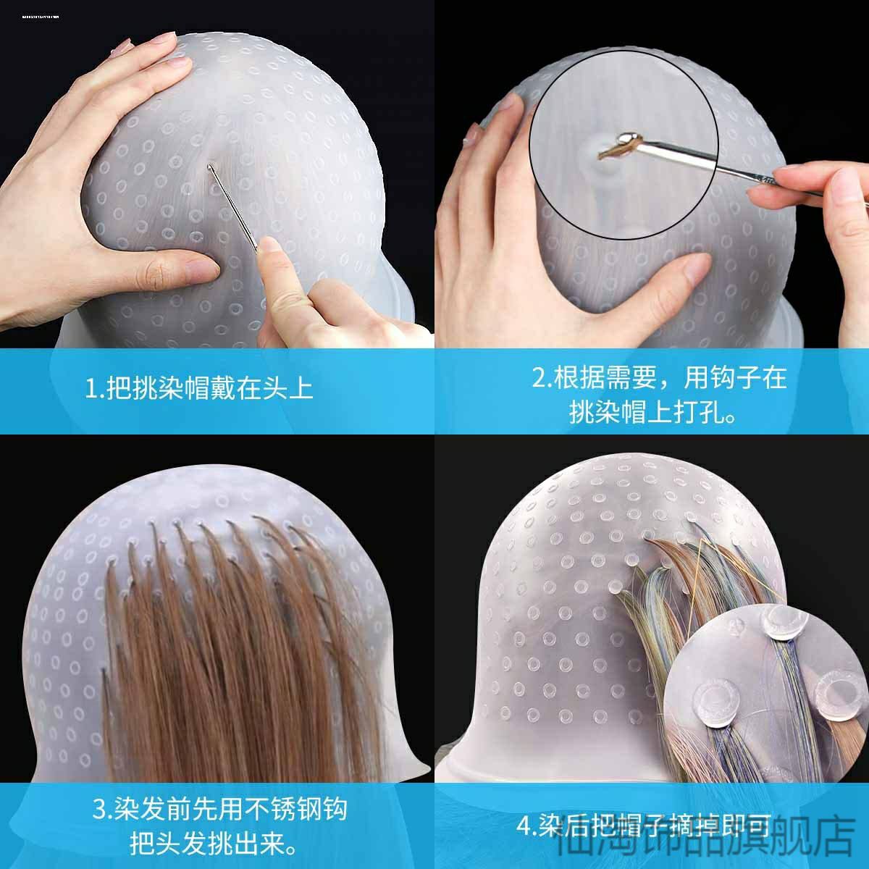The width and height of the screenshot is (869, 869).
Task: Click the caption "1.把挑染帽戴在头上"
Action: point(199,389)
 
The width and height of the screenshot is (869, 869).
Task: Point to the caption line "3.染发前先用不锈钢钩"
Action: point(219,809)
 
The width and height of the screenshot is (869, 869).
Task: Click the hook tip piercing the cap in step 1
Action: point(211,169)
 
